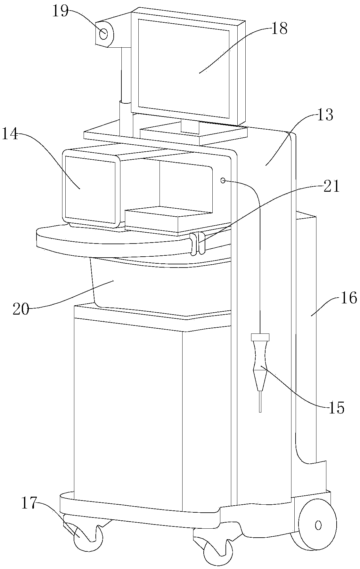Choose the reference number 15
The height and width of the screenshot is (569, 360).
(x=336, y=408)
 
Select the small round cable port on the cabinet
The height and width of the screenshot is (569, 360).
(x=223, y=181)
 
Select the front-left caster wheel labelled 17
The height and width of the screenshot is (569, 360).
(x=88, y=536)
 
